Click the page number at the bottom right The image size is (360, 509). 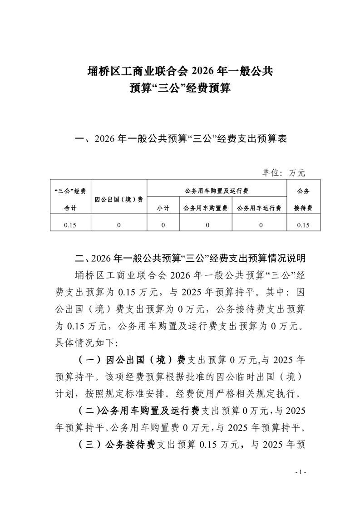coord(301,473)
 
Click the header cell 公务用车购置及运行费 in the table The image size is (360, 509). coord(217,191)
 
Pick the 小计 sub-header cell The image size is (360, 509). coord(163,208)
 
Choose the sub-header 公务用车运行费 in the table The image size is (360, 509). coord(259,208)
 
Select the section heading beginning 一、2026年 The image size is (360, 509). coord(180,139)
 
